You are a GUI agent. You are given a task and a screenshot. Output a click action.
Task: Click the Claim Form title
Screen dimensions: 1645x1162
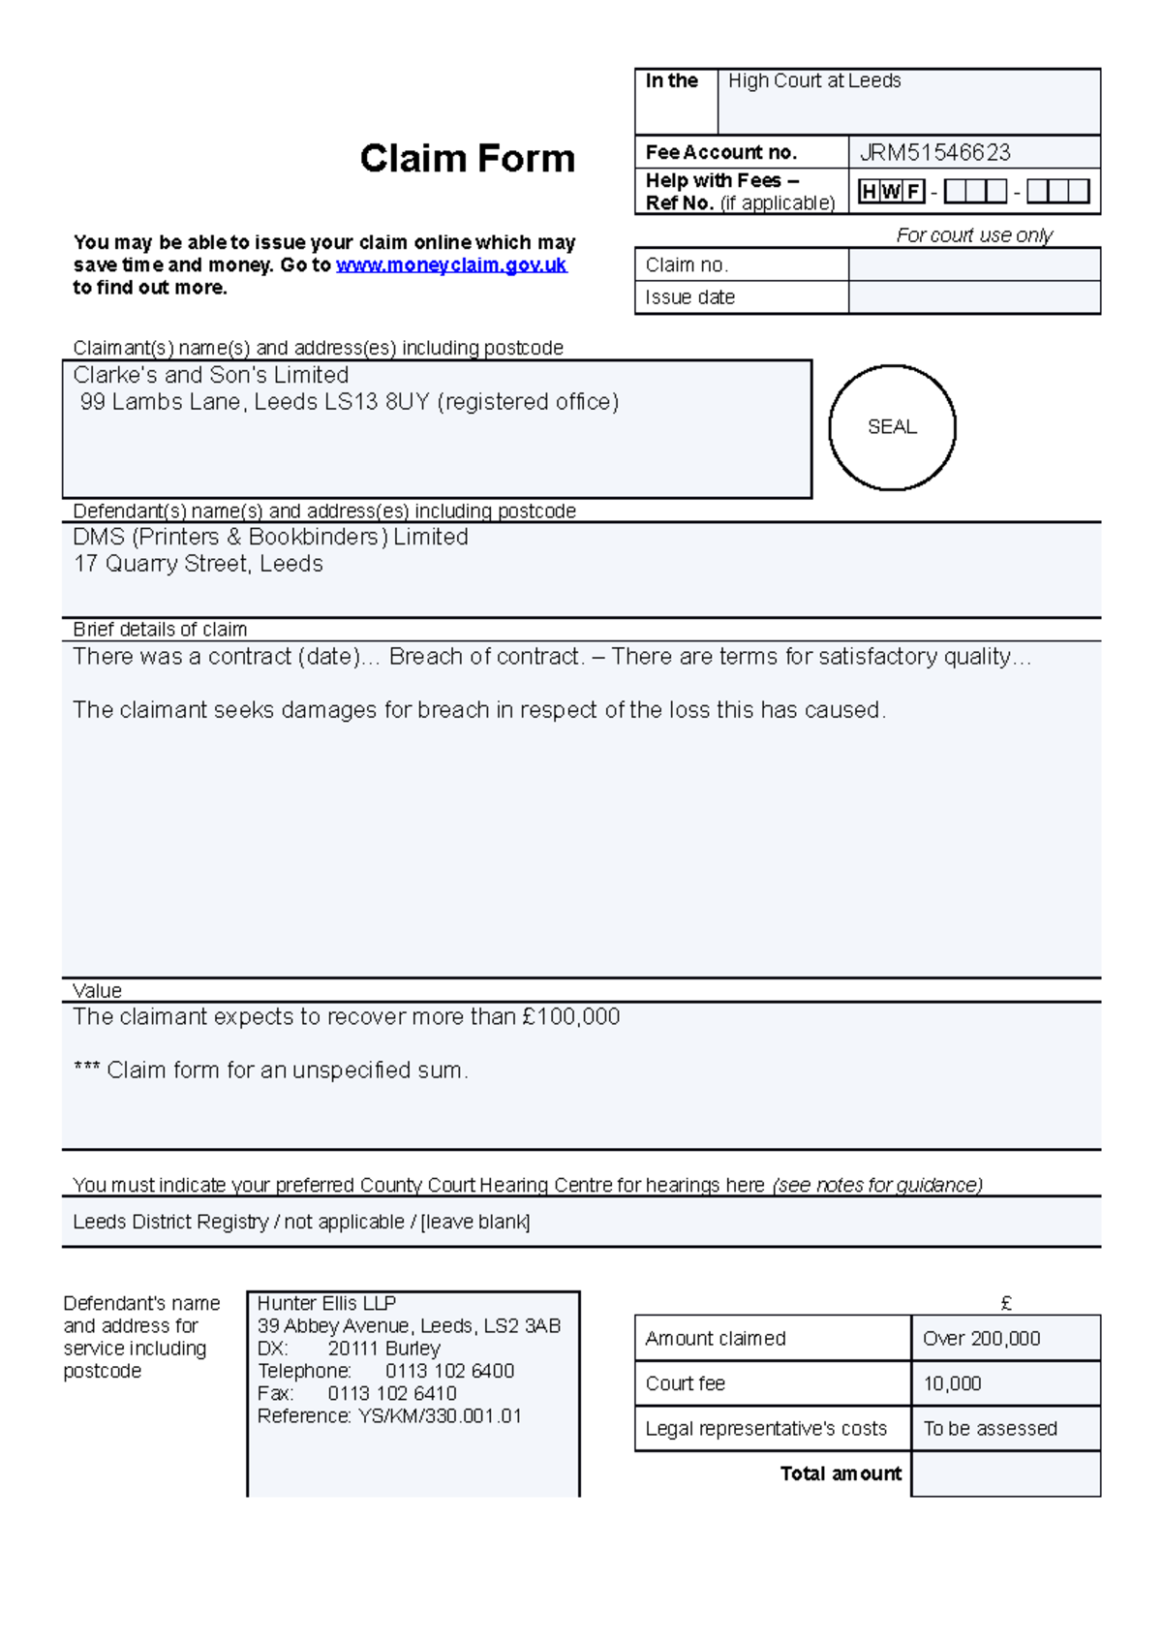(x=467, y=159)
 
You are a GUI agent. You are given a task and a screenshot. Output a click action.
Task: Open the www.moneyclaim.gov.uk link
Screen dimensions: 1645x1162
(x=450, y=265)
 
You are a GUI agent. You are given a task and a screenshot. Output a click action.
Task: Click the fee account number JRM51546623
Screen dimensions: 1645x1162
(x=934, y=153)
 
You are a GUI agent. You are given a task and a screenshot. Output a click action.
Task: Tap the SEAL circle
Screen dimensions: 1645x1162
(x=892, y=427)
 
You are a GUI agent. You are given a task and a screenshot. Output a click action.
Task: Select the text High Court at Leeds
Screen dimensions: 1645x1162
(x=814, y=81)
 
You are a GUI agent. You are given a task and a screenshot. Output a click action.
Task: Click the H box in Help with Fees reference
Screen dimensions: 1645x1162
(x=869, y=192)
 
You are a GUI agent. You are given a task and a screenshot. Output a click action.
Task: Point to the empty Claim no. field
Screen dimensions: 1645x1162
(x=973, y=264)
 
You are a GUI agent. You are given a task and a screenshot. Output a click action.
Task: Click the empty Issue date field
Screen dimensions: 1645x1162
(x=973, y=297)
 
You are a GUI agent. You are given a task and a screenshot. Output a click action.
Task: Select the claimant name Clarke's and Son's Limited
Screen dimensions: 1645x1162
(x=211, y=375)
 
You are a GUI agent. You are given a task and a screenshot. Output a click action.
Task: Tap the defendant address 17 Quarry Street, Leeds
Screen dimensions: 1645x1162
(x=199, y=564)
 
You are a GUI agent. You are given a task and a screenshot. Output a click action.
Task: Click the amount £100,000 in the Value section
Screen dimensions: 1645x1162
(x=570, y=1017)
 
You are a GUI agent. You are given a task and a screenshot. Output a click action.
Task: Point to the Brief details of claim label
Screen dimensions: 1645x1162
(x=160, y=630)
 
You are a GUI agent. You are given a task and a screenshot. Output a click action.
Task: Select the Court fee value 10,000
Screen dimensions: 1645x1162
(x=952, y=1384)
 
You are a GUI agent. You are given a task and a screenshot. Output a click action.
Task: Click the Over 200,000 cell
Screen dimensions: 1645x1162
(x=981, y=1339)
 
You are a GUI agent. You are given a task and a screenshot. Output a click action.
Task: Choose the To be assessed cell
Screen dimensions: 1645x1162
(x=990, y=1429)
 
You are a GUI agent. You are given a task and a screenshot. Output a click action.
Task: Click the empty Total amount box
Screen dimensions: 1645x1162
(x=1005, y=1474)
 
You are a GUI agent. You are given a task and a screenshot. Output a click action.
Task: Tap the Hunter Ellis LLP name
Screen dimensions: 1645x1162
(x=326, y=1304)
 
